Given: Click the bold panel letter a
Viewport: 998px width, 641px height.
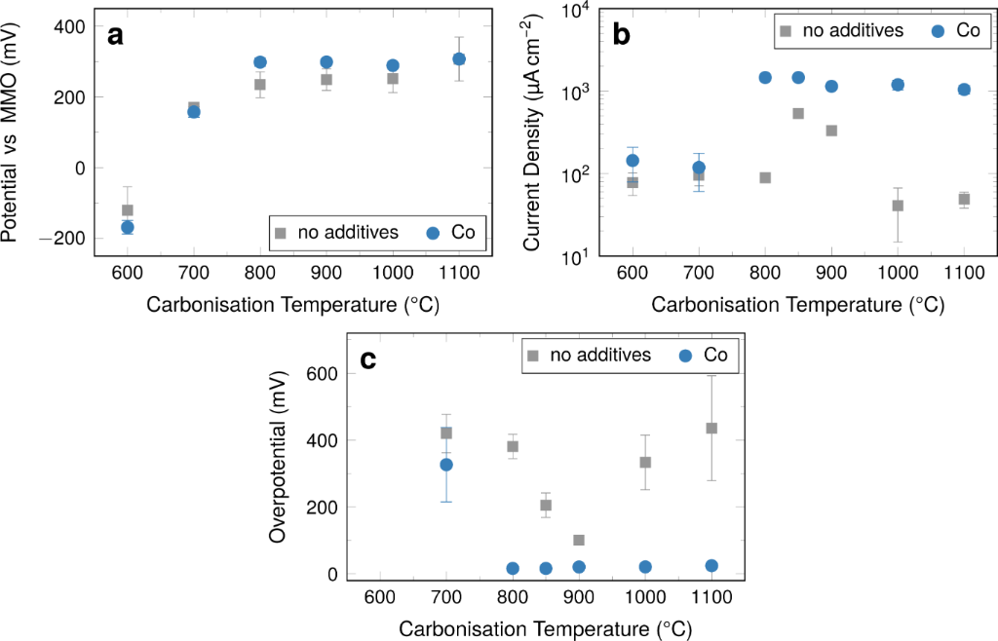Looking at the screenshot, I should click(116, 36).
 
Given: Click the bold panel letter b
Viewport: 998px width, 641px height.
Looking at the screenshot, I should click(622, 36).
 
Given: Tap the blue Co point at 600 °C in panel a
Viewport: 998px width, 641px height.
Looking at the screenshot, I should click(127, 227).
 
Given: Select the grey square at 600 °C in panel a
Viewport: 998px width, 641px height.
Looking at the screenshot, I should click(127, 210).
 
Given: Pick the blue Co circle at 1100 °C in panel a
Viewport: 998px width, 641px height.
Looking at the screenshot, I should click(459, 59).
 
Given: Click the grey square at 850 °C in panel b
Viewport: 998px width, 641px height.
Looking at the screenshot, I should click(798, 113).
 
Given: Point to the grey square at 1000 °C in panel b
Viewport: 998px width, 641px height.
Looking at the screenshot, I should click(898, 206).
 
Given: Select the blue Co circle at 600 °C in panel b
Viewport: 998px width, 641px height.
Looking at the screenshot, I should click(633, 161).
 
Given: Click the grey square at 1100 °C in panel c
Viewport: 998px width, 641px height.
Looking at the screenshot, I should click(711, 428).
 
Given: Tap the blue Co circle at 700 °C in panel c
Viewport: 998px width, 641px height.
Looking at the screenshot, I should click(446, 465).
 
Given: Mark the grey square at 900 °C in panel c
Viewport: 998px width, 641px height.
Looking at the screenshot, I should click(579, 540).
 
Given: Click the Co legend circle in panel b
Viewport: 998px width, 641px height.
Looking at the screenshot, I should click(939, 31).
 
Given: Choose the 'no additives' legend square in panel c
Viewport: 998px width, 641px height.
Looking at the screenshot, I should click(533, 356).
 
